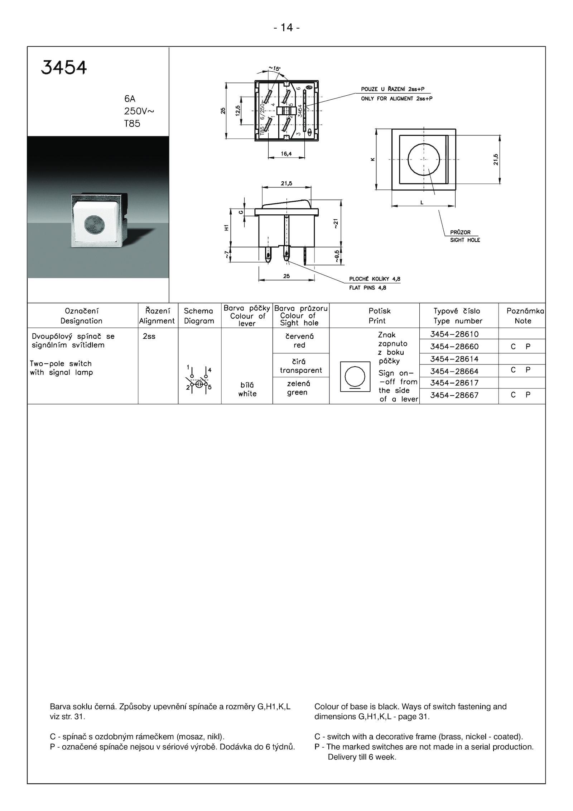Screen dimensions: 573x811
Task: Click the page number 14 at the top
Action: (286, 28)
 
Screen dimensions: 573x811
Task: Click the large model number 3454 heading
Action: (64, 67)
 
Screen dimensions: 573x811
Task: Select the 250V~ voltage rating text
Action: (139, 111)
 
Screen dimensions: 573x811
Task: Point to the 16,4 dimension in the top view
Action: (286, 154)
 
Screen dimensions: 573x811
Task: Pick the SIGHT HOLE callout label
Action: (465, 240)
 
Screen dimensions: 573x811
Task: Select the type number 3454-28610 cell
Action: (454, 334)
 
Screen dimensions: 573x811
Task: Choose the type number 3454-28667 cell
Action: (454, 395)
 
